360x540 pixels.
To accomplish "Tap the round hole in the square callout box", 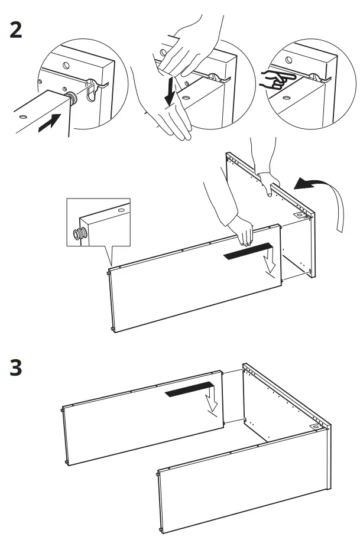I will tap(122, 209).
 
